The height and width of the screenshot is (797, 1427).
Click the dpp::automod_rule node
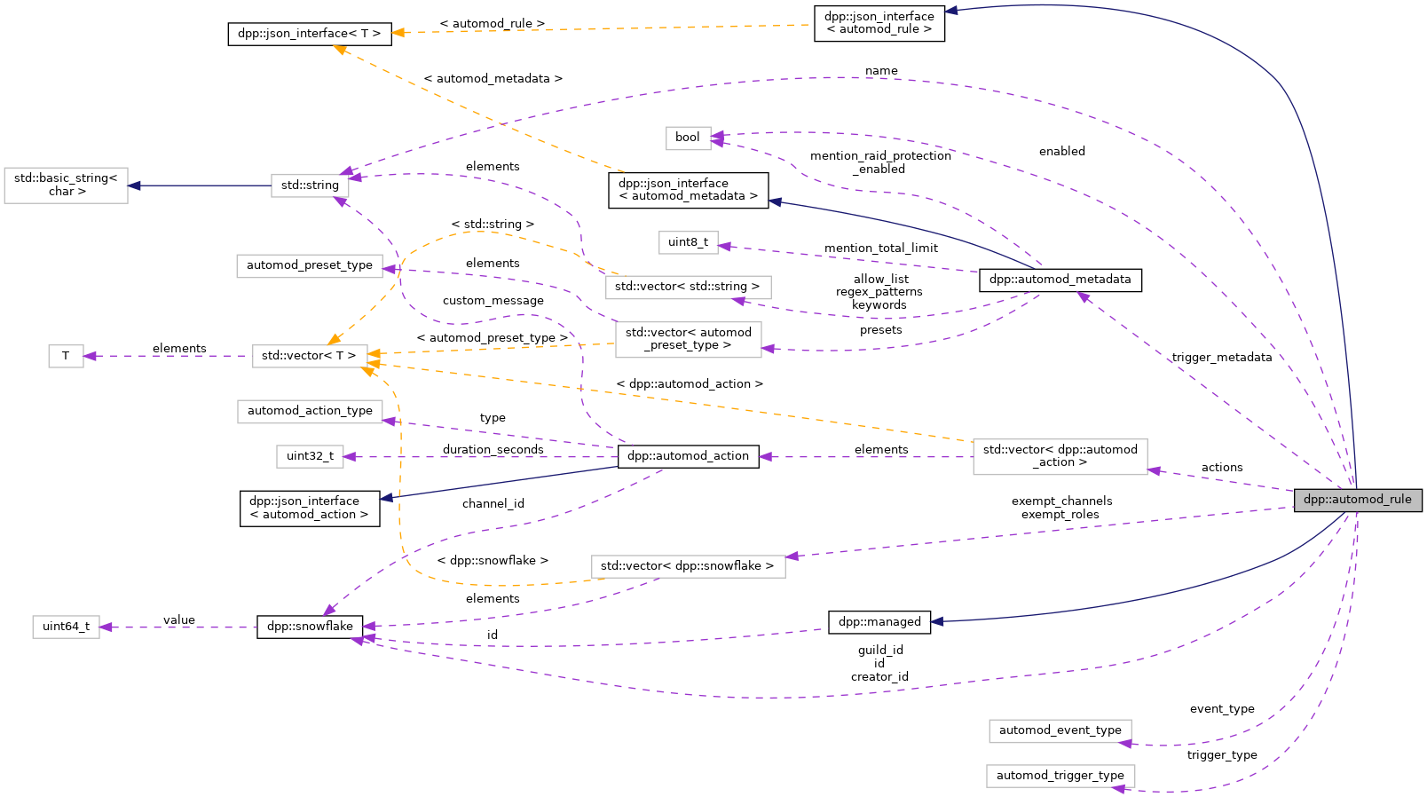[x=1357, y=500]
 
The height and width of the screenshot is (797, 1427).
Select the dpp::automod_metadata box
[x=1060, y=280]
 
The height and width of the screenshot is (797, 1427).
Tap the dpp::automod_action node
[x=688, y=456]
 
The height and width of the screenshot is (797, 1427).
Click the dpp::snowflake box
[x=310, y=627]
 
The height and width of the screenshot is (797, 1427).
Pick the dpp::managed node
[x=879, y=622]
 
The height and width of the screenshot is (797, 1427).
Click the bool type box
[x=688, y=138]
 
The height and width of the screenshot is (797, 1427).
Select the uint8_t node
[x=688, y=242]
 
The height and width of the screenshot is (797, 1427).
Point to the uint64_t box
[x=66, y=627]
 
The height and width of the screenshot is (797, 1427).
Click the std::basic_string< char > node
[x=66, y=185]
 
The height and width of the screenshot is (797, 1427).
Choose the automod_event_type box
[x=1060, y=730]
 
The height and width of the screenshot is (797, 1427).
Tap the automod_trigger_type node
[x=1060, y=776]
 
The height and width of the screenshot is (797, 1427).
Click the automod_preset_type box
[x=310, y=265]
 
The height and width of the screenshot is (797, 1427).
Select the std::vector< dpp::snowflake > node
[x=688, y=566]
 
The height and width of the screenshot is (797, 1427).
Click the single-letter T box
[x=66, y=356]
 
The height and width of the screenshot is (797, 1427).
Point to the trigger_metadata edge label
[x=1221, y=358]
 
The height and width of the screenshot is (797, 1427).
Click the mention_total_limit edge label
[x=880, y=249]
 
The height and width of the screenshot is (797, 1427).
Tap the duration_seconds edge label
[x=493, y=450]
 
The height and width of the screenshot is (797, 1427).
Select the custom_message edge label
[x=493, y=301]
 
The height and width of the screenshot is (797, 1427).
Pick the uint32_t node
[x=310, y=456]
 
